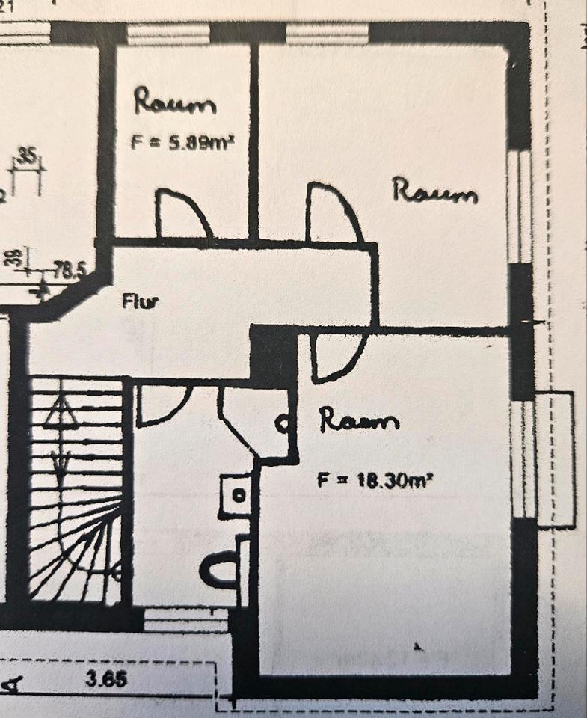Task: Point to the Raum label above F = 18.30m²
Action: [359, 421]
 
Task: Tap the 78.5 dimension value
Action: [70, 271]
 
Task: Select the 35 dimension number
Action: [28, 156]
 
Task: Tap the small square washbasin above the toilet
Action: [237, 496]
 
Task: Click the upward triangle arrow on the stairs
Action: [61, 411]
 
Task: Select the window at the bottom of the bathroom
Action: [185, 619]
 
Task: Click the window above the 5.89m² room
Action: [168, 34]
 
